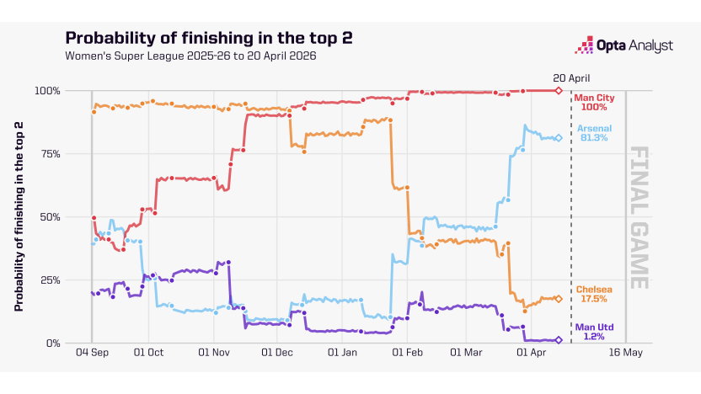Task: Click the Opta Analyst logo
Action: coord(623,45)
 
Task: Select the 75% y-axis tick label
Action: coord(49,153)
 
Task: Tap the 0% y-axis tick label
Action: coord(52,343)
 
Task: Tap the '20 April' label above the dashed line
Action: coord(571,77)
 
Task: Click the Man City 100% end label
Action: coord(594,102)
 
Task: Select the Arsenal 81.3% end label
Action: coord(594,132)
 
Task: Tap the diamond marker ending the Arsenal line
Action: coord(559,138)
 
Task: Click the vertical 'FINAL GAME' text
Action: coord(639,217)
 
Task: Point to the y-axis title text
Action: coord(19,216)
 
